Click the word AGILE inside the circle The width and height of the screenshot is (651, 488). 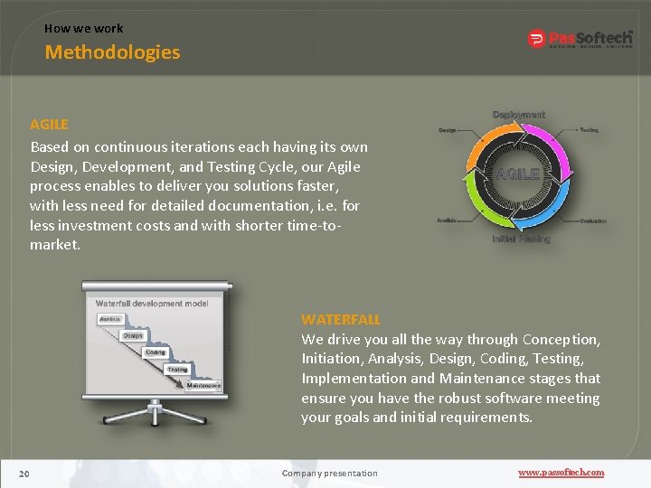tap(517, 174)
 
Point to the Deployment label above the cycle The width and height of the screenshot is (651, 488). tap(518, 115)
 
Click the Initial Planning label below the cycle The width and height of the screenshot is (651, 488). tap(521, 239)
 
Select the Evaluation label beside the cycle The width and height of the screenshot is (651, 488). tap(593, 221)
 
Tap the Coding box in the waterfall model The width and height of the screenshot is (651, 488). tap(155, 352)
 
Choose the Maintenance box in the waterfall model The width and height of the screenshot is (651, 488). tap(203, 385)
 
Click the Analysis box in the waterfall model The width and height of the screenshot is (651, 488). tap(110, 319)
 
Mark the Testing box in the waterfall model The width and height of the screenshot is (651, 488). tap(177, 369)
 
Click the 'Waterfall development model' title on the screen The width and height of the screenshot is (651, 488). tap(152, 303)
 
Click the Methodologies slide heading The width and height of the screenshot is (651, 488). tap(112, 52)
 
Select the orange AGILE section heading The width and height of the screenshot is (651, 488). tap(49, 124)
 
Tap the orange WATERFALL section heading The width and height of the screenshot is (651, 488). tap(341, 319)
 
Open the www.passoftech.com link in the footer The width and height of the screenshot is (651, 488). tap(561, 473)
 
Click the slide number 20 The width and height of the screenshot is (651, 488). tap(24, 473)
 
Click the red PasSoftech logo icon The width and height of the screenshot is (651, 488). tap(536, 39)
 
